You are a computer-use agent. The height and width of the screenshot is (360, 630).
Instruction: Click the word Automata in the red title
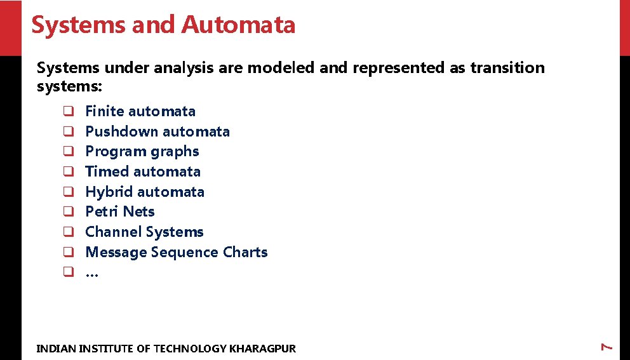coord(238,25)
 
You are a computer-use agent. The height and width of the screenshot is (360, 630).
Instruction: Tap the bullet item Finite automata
coord(140,112)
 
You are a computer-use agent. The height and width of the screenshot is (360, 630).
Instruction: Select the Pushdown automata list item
coord(157,132)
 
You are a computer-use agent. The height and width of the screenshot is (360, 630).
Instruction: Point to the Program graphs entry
coord(142,152)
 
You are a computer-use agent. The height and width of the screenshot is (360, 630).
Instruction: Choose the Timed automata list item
coord(143,172)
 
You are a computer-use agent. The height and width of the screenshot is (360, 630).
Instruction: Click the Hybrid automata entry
coord(145,192)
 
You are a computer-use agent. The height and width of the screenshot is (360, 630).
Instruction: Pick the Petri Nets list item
coord(120,212)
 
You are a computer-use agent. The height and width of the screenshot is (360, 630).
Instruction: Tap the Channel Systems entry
coord(144,232)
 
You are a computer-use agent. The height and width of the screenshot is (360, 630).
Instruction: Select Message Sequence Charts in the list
coord(177,253)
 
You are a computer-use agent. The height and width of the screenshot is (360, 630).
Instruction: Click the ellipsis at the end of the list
coord(91,274)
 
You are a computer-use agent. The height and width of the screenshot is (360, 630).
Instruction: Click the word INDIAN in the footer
coord(56,349)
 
